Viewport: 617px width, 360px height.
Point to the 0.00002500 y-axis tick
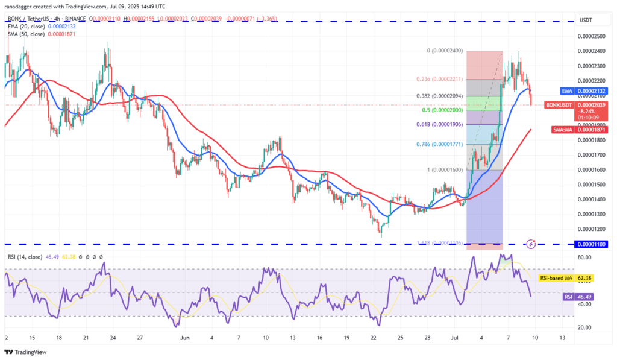592,36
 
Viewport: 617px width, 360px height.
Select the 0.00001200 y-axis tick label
592,229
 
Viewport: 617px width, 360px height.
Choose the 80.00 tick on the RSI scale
584,257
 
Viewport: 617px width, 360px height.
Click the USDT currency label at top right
585,21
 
